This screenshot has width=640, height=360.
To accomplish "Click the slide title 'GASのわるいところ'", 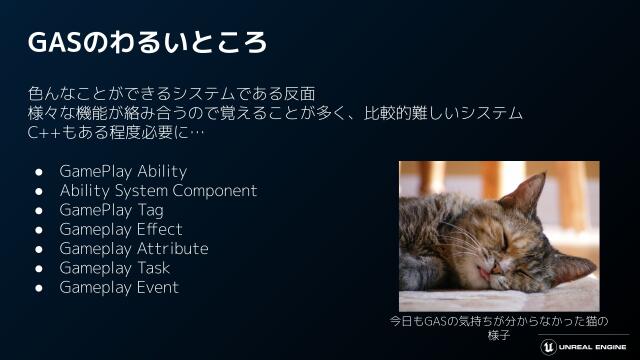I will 147,43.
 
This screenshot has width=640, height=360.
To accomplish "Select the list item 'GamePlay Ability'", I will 123,171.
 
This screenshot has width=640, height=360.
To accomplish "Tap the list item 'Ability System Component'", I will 158,190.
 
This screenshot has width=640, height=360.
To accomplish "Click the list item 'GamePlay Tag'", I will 111,210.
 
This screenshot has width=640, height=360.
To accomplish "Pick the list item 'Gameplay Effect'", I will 121,229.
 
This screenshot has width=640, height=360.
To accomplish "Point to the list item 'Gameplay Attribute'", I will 134,248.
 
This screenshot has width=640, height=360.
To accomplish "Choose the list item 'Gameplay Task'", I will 114,268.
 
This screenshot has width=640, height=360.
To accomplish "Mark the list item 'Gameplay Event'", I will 119,287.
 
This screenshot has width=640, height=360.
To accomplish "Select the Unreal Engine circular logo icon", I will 549,346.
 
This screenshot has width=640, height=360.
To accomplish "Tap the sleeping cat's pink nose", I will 486,263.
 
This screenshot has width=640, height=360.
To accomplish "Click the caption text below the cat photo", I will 498,328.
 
